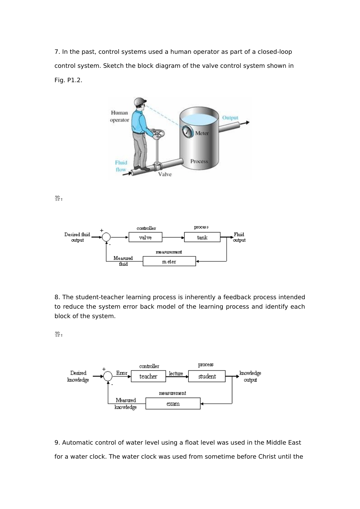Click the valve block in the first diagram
pos(145,237)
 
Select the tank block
pos(202,237)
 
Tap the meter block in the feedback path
pos(169,261)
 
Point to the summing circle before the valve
pos(106,237)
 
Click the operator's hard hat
pos(140,101)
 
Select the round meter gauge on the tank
pos(188,131)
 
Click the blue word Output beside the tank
pos(230,118)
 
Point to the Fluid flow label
pos(121,166)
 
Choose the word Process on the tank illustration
pos(199,161)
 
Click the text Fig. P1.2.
pos(68,80)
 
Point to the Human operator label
pos(119,116)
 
